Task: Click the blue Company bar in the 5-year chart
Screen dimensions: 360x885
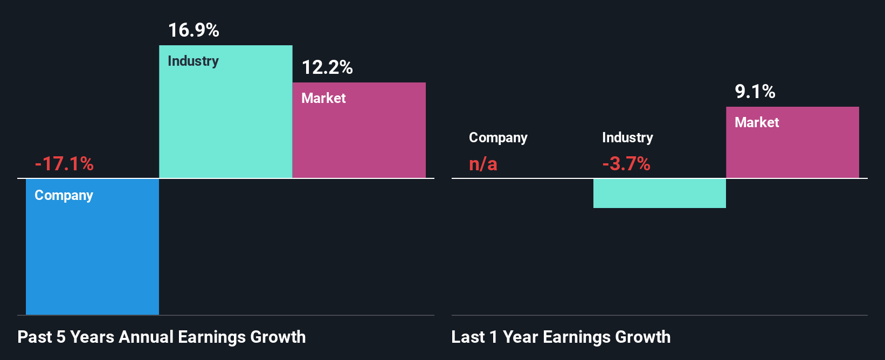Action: pos(92,253)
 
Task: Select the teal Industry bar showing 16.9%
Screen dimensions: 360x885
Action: pos(225,119)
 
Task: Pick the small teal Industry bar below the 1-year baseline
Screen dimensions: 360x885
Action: pos(659,193)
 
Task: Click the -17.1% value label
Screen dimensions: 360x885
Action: pos(64,163)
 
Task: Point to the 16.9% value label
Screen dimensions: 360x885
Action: pos(193,30)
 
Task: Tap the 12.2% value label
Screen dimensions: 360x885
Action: pos(327,67)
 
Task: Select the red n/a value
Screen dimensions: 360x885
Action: pos(483,163)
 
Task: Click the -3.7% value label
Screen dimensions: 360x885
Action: pos(626,163)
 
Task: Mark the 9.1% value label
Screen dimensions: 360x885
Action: pos(755,92)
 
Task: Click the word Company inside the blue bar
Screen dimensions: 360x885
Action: pos(64,195)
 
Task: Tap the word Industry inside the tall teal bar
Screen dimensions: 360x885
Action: pos(193,61)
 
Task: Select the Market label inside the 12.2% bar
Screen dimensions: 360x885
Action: pos(323,98)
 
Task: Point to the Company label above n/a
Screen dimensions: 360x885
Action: pos(498,137)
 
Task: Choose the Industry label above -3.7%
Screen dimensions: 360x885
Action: pos(627,137)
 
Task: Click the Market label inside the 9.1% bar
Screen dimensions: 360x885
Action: pos(757,122)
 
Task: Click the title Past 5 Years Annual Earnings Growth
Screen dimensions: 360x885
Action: pos(162,337)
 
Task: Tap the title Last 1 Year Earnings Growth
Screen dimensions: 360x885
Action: pos(561,337)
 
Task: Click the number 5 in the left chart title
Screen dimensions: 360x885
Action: pos(61,337)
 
